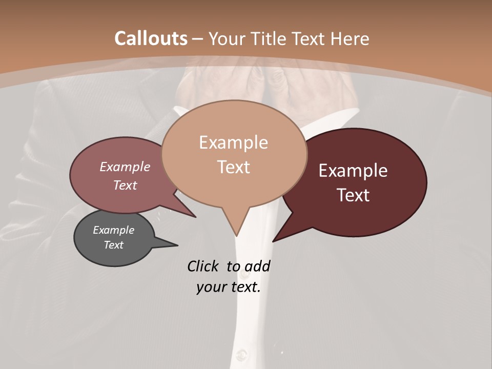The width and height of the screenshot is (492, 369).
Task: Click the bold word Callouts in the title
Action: [151, 38]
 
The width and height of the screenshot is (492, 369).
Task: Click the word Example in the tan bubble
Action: [233, 142]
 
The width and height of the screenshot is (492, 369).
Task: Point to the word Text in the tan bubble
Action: [233, 167]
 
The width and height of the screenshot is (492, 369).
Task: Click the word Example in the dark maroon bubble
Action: [353, 171]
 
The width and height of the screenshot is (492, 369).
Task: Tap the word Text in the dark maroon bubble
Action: [353, 195]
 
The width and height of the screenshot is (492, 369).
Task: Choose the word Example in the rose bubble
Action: [125, 167]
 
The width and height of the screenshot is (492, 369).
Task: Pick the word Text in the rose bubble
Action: [125, 185]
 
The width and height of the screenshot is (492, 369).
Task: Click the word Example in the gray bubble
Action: [113, 230]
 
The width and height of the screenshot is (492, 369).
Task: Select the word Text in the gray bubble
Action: [113, 245]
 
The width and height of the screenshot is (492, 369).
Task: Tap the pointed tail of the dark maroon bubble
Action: [274, 240]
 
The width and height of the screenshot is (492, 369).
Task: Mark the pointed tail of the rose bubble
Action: [194, 216]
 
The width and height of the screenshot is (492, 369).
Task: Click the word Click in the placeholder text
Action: [203, 266]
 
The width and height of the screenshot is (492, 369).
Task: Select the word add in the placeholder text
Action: [257, 266]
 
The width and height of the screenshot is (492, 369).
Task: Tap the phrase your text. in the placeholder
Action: [229, 287]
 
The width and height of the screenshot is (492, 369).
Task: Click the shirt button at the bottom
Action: [242, 355]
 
